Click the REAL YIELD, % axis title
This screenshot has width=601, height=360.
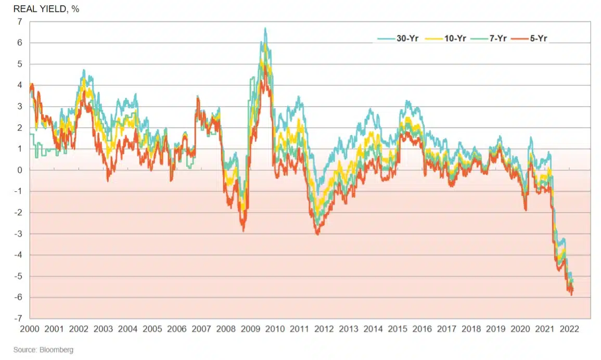point(46,9)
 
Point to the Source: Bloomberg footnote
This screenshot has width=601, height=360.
point(44,350)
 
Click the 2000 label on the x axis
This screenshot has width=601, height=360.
point(30,329)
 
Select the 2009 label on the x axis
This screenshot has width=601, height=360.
point(250,329)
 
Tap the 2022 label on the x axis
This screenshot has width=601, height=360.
point(569,329)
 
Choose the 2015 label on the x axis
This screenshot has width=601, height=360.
point(398,329)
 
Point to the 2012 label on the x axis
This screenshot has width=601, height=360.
point(324,329)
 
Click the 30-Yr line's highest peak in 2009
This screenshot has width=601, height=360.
point(265,28)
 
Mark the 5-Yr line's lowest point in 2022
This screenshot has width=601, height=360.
point(571,295)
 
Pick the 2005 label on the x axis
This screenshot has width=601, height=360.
point(152,329)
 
